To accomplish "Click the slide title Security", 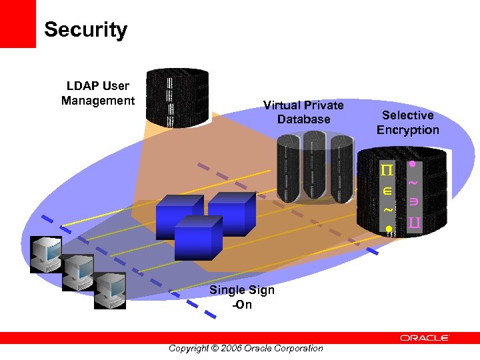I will tap(85, 30).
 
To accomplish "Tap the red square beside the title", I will tap(17, 23).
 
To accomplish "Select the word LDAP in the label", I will tap(81, 86).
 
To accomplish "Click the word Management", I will tap(98, 101).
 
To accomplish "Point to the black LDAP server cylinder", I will tap(177, 96).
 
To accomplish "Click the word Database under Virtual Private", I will tap(303, 119).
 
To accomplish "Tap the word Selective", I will tap(407, 115).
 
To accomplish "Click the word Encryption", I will tap(407, 129).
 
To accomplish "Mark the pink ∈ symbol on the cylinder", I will tap(387, 192).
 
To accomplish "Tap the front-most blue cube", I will tap(197, 238).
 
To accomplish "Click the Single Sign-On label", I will tap(241, 297).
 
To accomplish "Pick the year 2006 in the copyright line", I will tap(231, 348).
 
